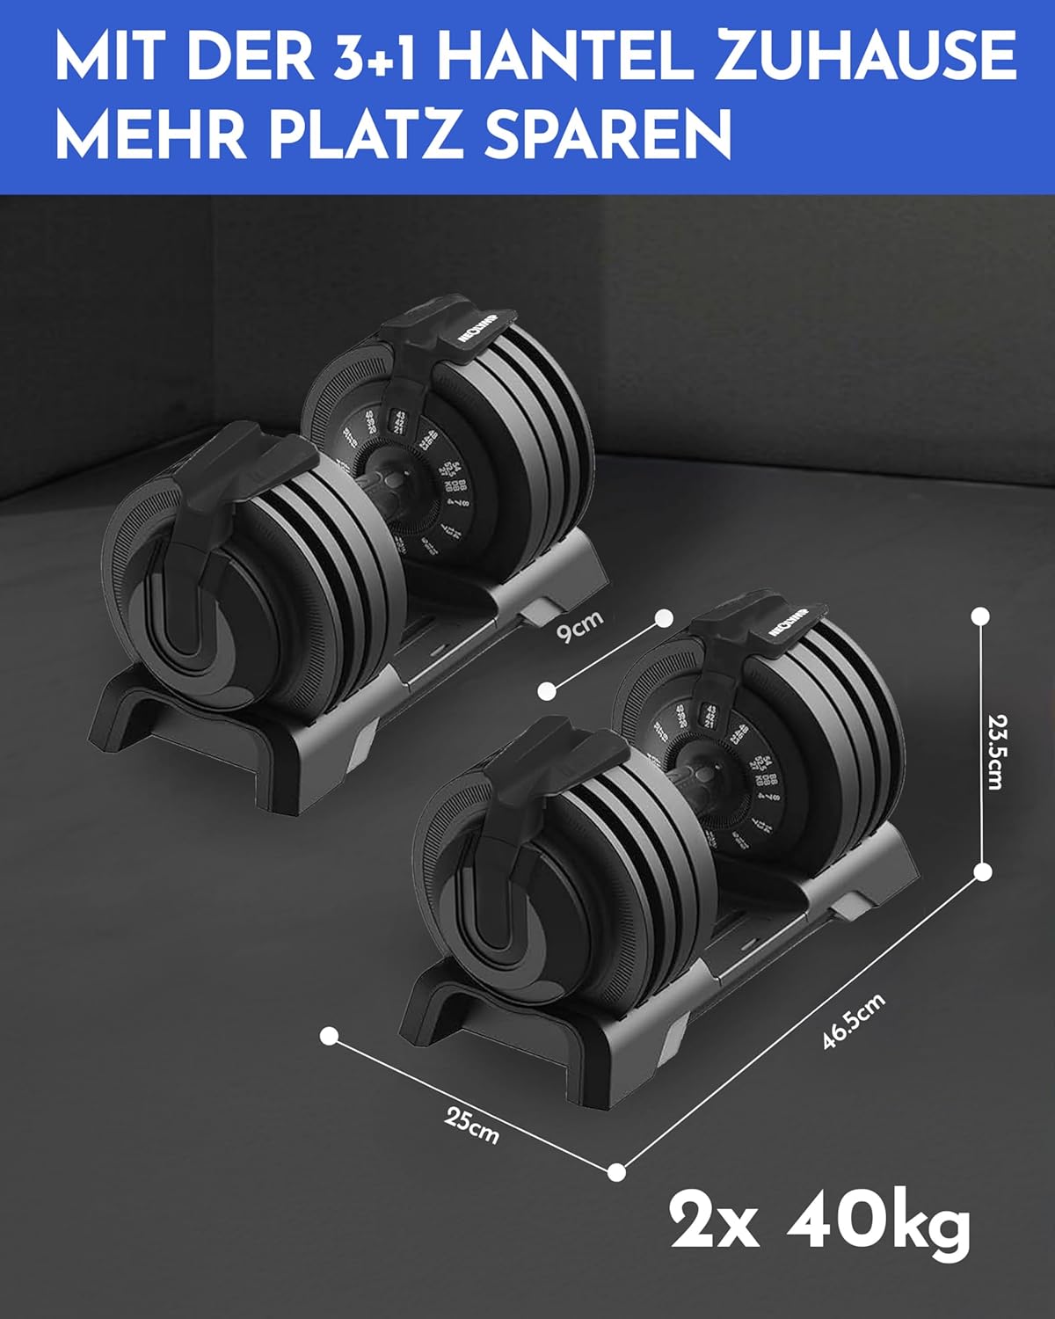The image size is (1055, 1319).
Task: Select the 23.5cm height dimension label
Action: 994,751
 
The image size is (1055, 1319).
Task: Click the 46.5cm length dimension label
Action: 853,1020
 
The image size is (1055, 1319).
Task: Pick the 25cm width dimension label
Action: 472,1126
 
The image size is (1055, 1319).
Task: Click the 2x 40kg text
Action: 820,1221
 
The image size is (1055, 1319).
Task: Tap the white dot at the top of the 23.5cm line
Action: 980,616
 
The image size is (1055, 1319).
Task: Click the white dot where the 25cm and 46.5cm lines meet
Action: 617,1171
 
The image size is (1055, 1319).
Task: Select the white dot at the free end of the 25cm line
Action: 329,1036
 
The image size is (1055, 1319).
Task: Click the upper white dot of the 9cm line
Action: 665,618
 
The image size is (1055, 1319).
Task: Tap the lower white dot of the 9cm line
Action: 547,690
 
